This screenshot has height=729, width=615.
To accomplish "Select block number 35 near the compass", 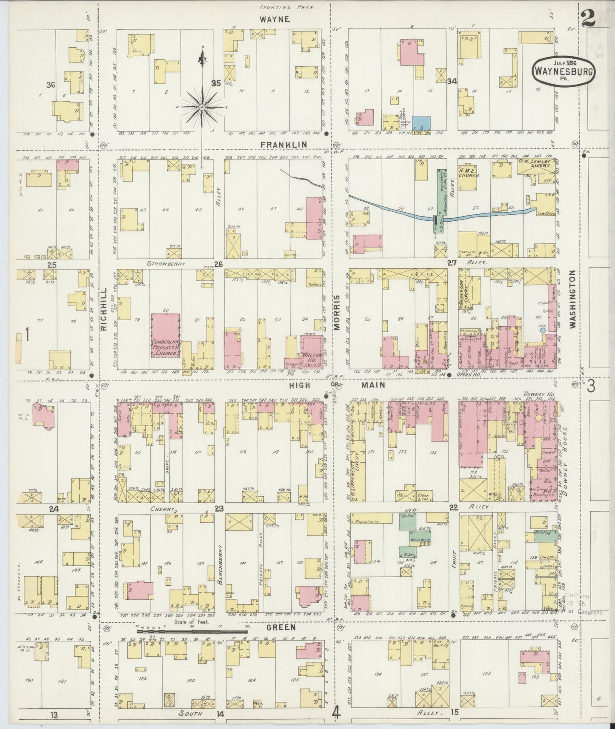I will pos(216,83).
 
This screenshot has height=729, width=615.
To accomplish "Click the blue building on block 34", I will pos(421,123).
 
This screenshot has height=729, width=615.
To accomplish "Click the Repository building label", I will pos(367,520).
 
